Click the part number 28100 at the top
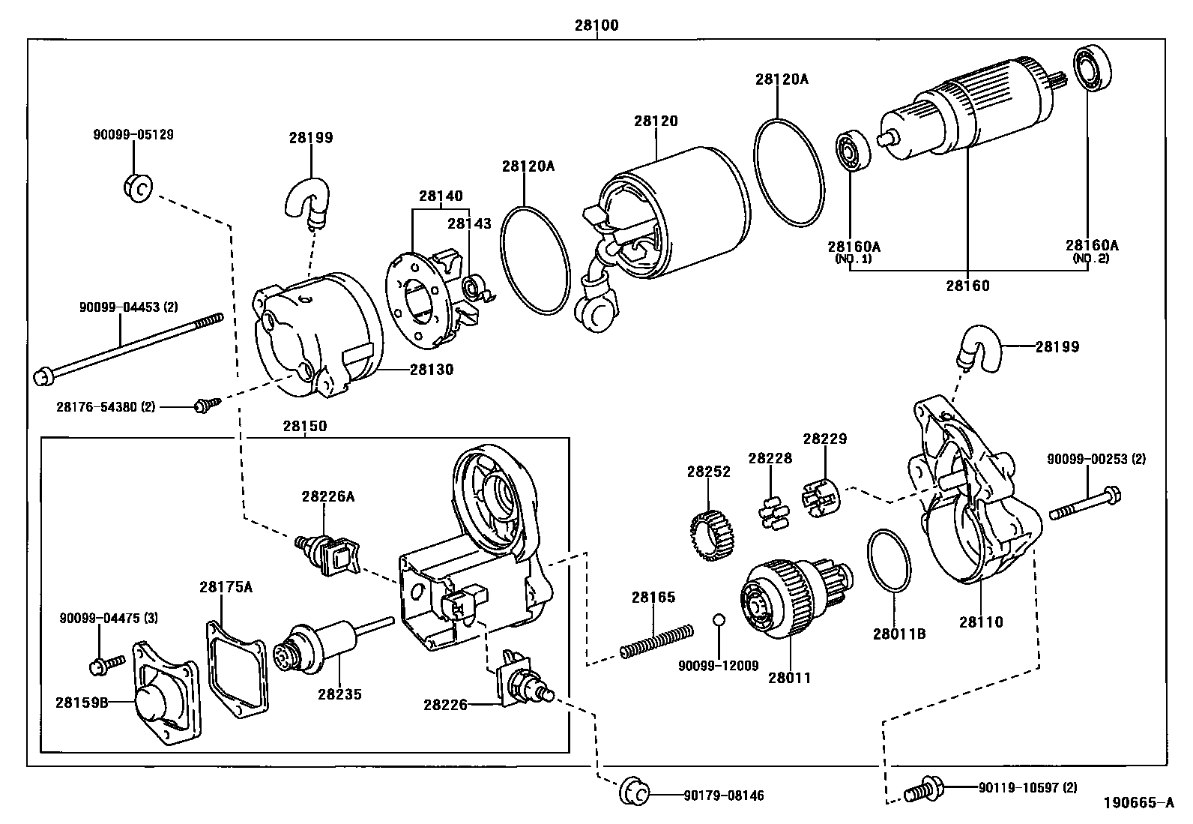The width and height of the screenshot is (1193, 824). click(596, 25)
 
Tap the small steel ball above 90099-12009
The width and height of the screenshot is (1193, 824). click(718, 619)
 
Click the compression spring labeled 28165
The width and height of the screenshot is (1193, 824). click(654, 642)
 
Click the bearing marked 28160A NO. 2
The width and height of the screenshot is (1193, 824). click(1093, 68)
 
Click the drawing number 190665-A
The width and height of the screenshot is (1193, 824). click(1138, 802)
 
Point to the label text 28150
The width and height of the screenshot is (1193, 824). click(305, 426)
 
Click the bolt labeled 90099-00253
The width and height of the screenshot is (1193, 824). click(1084, 504)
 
